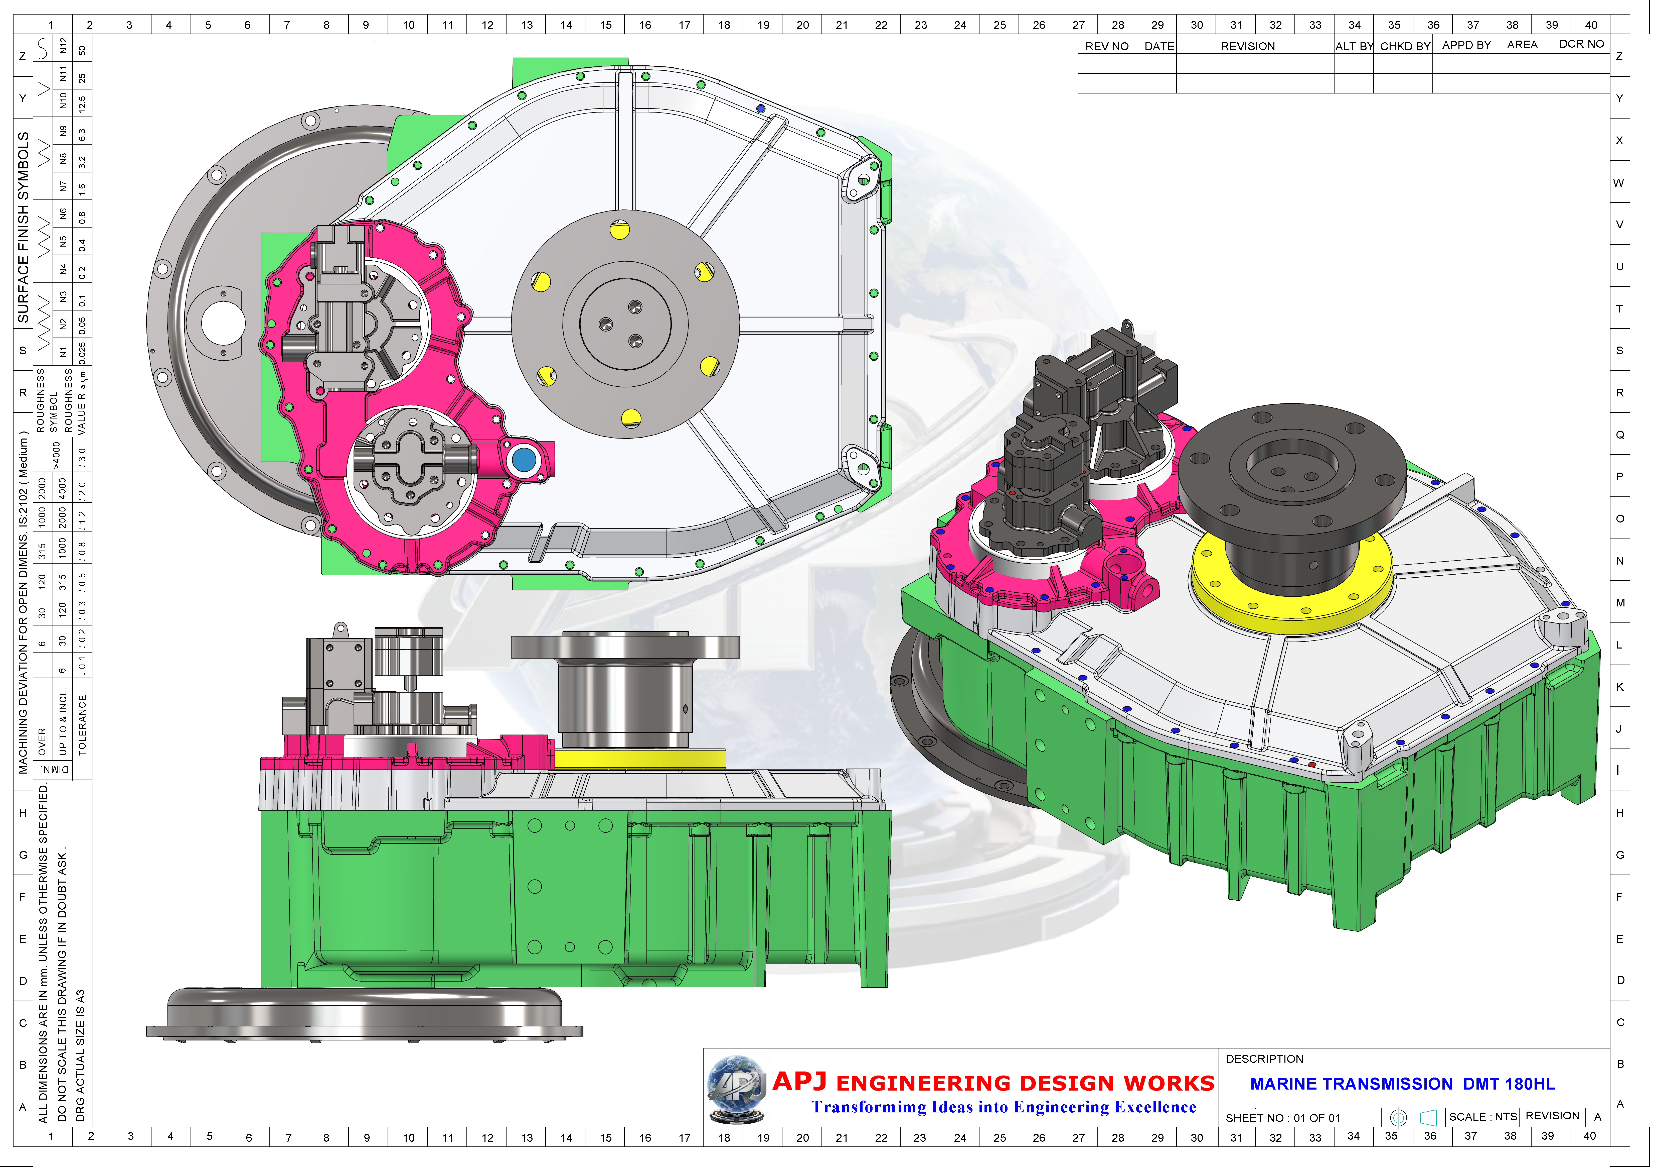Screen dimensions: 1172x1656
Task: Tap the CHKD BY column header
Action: pos(1404,46)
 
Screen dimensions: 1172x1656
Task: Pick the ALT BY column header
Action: pos(1354,46)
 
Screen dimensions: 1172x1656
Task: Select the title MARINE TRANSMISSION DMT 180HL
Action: pos(1402,1084)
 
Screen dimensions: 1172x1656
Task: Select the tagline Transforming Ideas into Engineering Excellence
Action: pos(1003,1107)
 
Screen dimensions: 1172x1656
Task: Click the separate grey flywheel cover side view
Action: pos(364,1014)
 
